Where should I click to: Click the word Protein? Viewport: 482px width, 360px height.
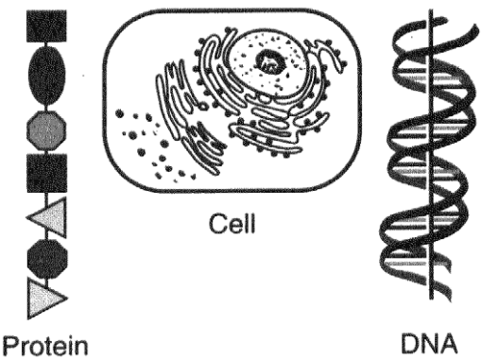click(45, 346)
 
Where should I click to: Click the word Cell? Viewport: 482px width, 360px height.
click(232, 223)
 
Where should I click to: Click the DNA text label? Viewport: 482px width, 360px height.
click(429, 343)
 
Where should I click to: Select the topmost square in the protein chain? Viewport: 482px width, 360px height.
click(46, 26)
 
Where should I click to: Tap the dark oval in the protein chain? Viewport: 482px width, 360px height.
click(47, 76)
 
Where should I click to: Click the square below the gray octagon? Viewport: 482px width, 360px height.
click(47, 173)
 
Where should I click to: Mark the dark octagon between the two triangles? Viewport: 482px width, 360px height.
click(47, 258)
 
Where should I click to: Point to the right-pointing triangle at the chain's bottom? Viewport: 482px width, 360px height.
click(44, 299)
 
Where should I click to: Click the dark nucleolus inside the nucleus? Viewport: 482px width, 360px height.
click(271, 61)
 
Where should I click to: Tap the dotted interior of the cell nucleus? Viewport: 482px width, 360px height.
click(267, 63)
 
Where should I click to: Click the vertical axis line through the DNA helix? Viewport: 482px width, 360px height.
click(431, 154)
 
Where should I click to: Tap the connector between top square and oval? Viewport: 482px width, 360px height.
click(47, 44)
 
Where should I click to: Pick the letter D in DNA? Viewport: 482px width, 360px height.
click(410, 343)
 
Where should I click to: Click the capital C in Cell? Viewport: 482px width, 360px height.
click(217, 224)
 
